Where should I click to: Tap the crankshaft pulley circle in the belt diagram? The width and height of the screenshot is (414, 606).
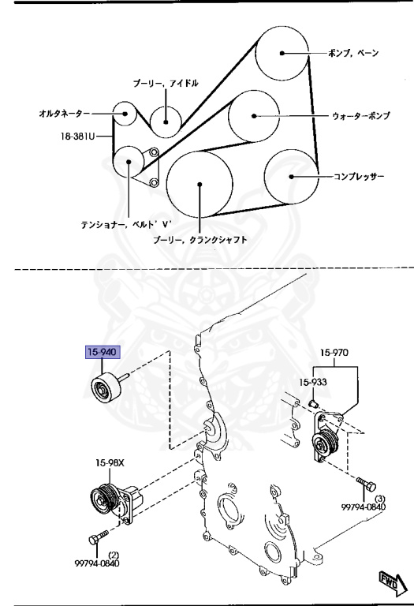[x=200, y=185]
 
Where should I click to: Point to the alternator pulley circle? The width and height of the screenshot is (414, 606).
[x=124, y=114]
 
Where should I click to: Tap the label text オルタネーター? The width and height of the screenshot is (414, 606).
[x=65, y=114]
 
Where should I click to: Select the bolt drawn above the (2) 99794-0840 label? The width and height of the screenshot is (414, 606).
[x=95, y=540]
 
